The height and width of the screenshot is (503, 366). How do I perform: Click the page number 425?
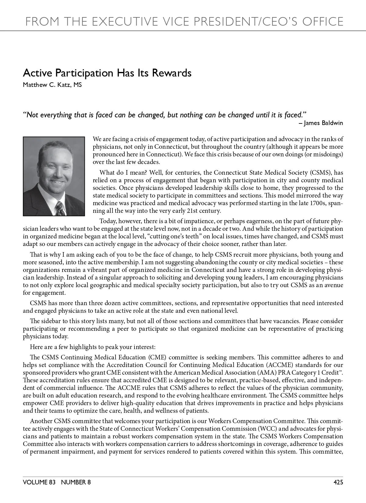pyautogui.click(x=338, y=482)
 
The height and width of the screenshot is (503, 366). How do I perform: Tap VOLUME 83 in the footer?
pyautogui.click(x=39, y=482)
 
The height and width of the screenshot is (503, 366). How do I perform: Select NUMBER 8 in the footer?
pyautogui.click(x=76, y=482)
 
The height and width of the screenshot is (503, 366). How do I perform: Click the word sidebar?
pyautogui.click(x=51, y=321)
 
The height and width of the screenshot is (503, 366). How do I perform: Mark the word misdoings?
pyautogui.click(x=327, y=154)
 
